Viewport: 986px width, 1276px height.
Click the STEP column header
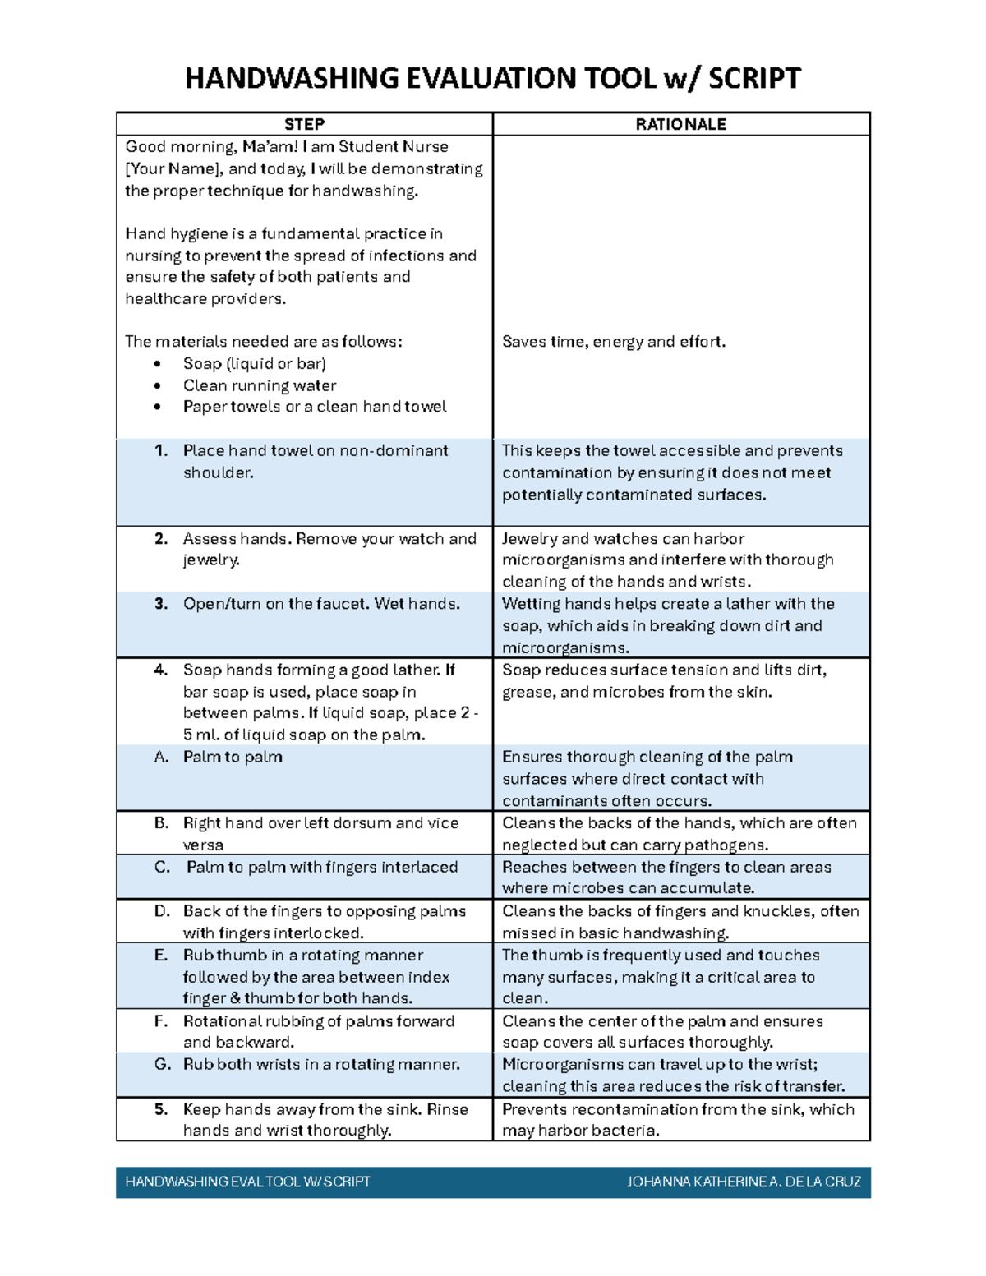point(304,124)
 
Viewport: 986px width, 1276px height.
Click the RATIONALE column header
point(680,124)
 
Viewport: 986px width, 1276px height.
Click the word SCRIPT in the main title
point(753,79)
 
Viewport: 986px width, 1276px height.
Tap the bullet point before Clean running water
point(158,386)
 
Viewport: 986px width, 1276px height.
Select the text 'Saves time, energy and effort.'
point(614,342)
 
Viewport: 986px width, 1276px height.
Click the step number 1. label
point(161,450)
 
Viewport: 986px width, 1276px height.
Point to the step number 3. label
point(161,604)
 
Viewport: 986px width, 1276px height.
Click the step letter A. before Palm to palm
point(161,757)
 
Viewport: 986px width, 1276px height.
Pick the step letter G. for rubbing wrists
point(162,1064)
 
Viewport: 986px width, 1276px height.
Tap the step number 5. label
point(161,1109)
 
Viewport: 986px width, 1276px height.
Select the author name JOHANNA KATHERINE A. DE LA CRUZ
point(744,1182)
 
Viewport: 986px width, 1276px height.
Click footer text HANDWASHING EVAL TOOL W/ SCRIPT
point(247,1182)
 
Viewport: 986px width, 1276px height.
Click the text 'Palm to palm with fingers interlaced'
point(322,867)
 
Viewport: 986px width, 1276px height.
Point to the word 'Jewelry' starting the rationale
point(529,539)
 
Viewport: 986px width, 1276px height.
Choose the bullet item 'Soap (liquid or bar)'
point(254,364)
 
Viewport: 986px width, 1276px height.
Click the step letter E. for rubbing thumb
point(161,955)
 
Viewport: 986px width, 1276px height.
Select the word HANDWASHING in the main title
point(291,79)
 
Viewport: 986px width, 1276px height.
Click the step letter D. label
point(162,911)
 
